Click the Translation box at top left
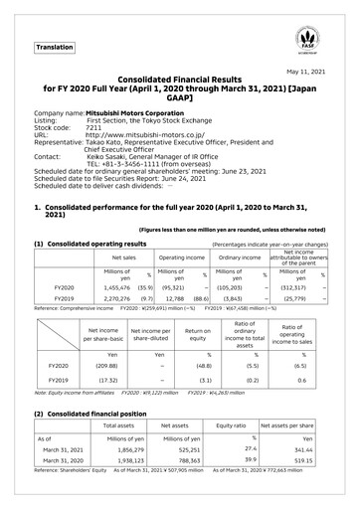tap(55, 47)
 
